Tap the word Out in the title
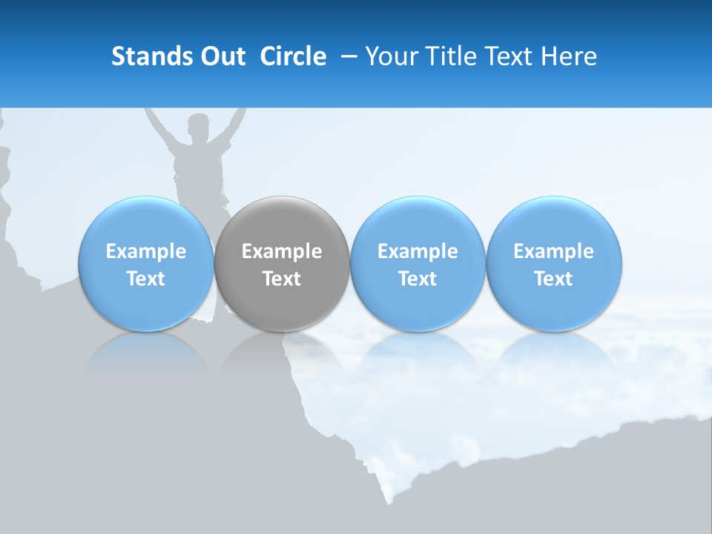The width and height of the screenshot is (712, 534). (222, 56)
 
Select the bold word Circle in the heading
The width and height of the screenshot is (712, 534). (292, 56)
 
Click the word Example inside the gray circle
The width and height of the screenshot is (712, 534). (282, 251)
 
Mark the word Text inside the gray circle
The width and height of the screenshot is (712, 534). (282, 279)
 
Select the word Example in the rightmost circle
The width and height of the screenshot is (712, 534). (553, 251)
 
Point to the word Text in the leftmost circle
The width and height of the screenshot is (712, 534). (145, 279)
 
